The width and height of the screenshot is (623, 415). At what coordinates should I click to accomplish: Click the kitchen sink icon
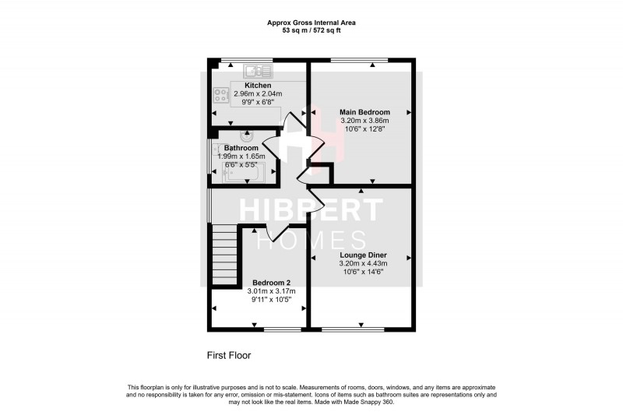pos(256,71)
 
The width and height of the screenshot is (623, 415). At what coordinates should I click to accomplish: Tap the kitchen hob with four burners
pos(220,97)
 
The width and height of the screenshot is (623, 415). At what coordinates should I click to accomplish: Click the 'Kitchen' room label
pos(257,85)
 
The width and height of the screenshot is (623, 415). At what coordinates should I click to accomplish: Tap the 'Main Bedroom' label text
pos(364,112)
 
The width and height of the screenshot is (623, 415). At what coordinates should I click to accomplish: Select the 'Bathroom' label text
pos(241,148)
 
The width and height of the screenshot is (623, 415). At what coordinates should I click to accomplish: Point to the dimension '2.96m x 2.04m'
pos(257,93)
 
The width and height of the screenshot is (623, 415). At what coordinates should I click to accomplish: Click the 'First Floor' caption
pos(228,355)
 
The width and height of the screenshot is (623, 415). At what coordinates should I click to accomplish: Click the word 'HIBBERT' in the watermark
pos(311,211)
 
